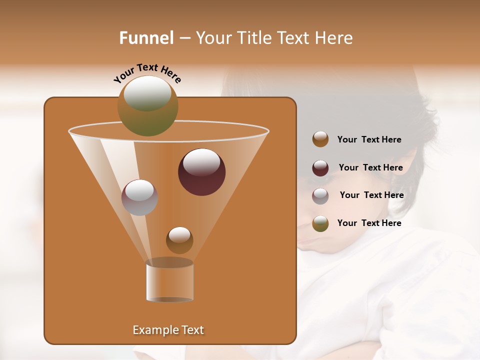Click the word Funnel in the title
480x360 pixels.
pos(146,38)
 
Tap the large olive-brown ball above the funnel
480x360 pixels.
pos(148,106)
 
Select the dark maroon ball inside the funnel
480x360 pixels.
pos(202,172)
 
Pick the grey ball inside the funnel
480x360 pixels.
pos(140,197)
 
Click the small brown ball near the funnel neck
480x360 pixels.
pos(179,240)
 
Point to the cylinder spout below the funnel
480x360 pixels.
pos(169,280)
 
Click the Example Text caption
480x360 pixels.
pos(168,330)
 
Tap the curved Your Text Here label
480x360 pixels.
pos(147,73)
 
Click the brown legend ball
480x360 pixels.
pos(320,139)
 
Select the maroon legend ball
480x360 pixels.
pos(320,168)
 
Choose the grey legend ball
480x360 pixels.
pos(320,196)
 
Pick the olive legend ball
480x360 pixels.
pos(320,223)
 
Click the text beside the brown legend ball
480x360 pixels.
pos(369,140)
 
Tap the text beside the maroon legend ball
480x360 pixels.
pos(370,168)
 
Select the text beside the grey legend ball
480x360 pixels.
pos(371,195)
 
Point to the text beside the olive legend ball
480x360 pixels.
pos(369,223)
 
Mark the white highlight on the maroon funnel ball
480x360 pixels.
pos(202,162)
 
